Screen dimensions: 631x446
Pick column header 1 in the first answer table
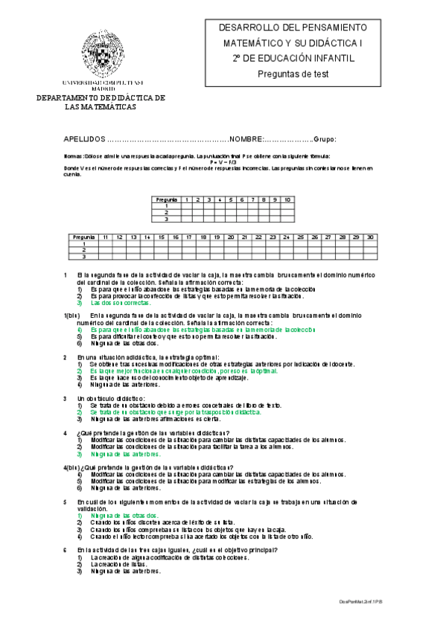click(x=188, y=199)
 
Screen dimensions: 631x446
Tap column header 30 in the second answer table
click(x=370, y=237)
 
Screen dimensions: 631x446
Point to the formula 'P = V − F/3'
click(x=223, y=161)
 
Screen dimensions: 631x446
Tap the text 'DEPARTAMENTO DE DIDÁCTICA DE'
click(x=101, y=98)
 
